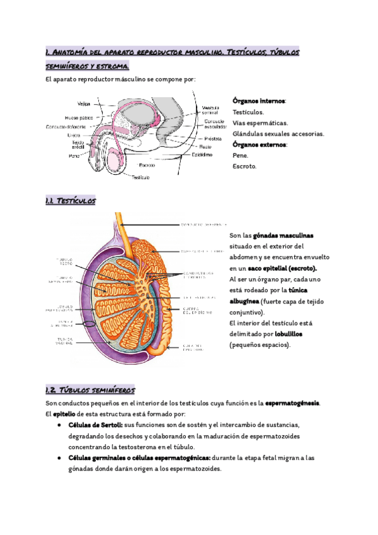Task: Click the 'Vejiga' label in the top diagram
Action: (83, 103)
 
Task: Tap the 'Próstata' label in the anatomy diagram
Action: (213, 138)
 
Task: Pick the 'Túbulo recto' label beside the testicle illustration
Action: (65, 262)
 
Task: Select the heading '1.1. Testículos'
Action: (71, 201)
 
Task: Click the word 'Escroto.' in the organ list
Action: (244, 167)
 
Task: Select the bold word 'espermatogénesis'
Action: (293, 403)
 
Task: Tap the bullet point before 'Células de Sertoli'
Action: (59, 425)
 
